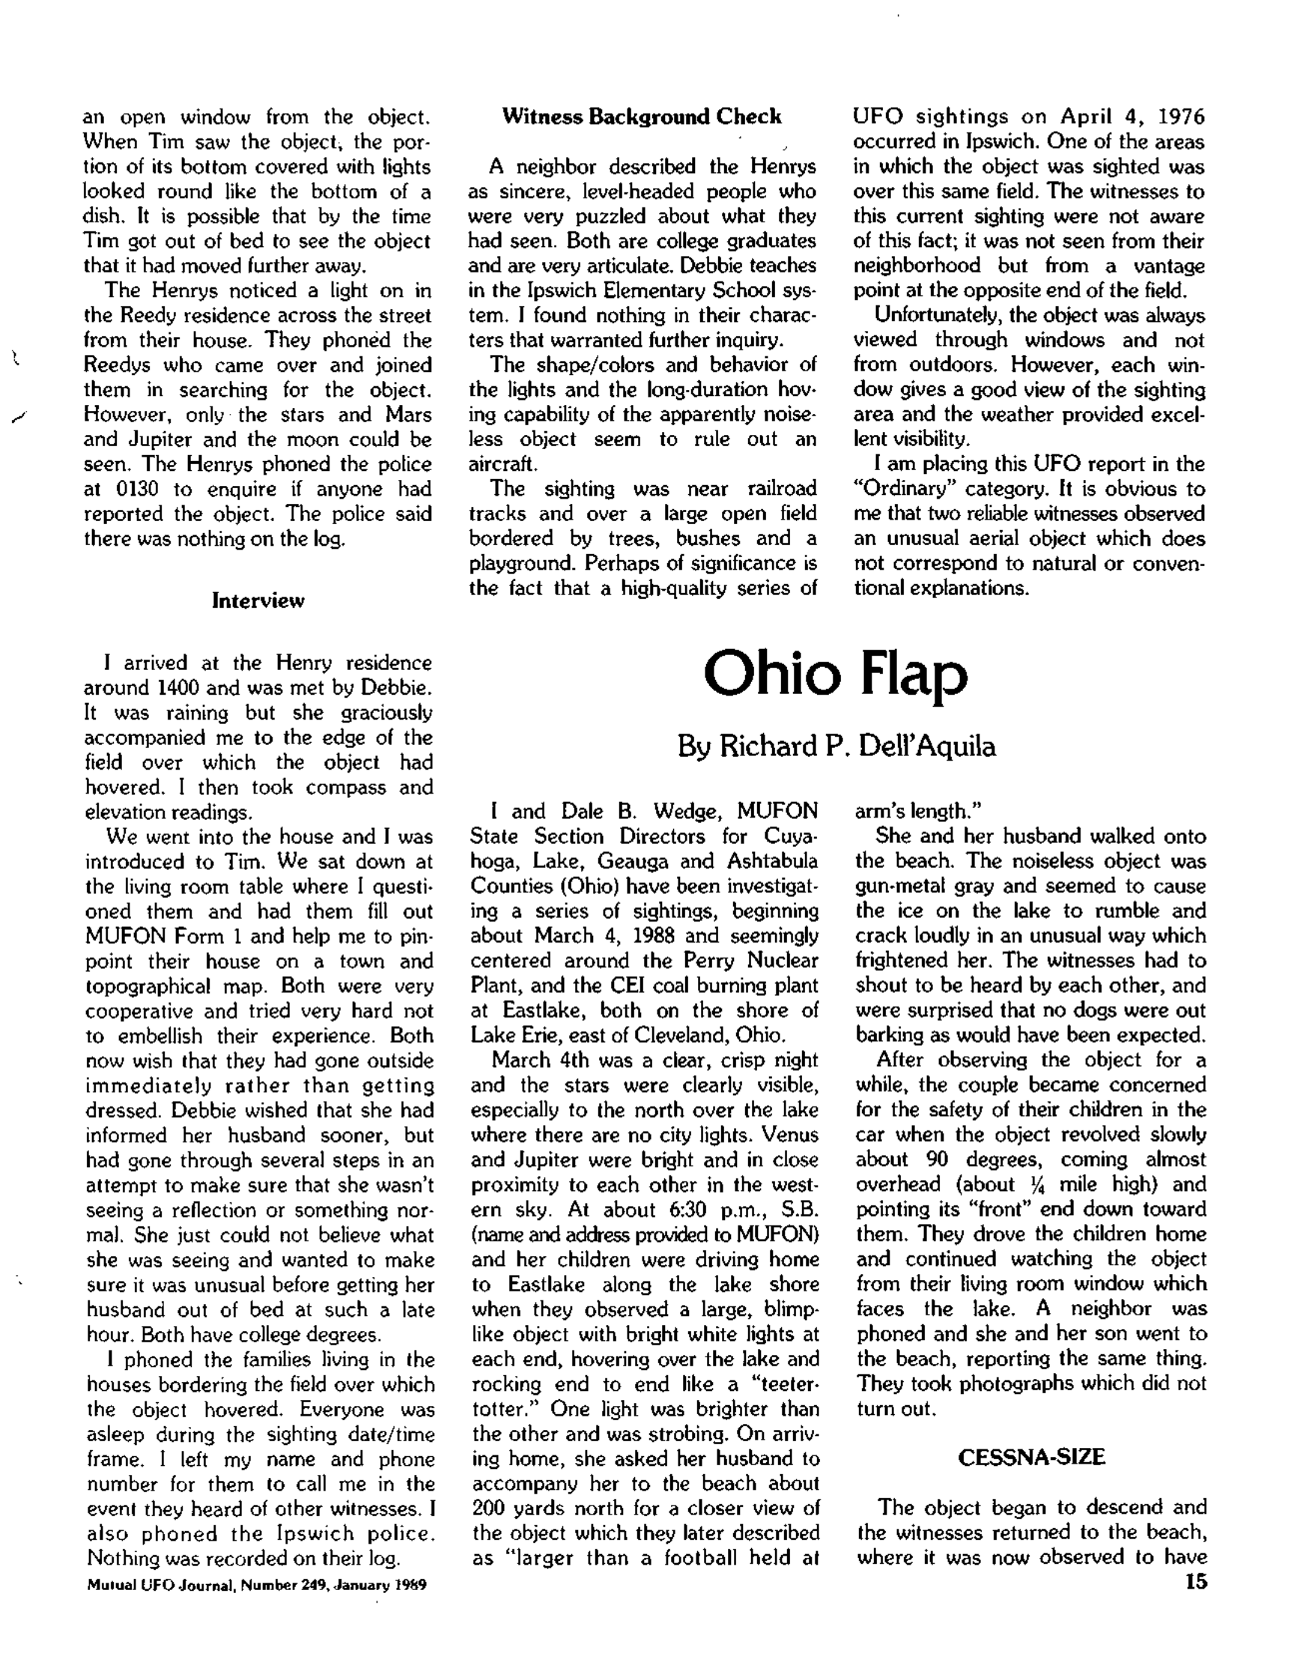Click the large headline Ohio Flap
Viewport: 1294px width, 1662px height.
pyautogui.click(x=835, y=675)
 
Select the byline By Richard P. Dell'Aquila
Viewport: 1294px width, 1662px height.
pyautogui.click(x=836, y=746)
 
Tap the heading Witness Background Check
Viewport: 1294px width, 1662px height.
pyautogui.click(x=642, y=117)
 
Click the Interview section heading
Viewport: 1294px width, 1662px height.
pyautogui.click(x=258, y=600)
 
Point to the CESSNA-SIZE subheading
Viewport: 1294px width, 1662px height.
pyautogui.click(x=1030, y=1457)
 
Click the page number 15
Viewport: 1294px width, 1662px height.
pyautogui.click(x=1195, y=1581)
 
